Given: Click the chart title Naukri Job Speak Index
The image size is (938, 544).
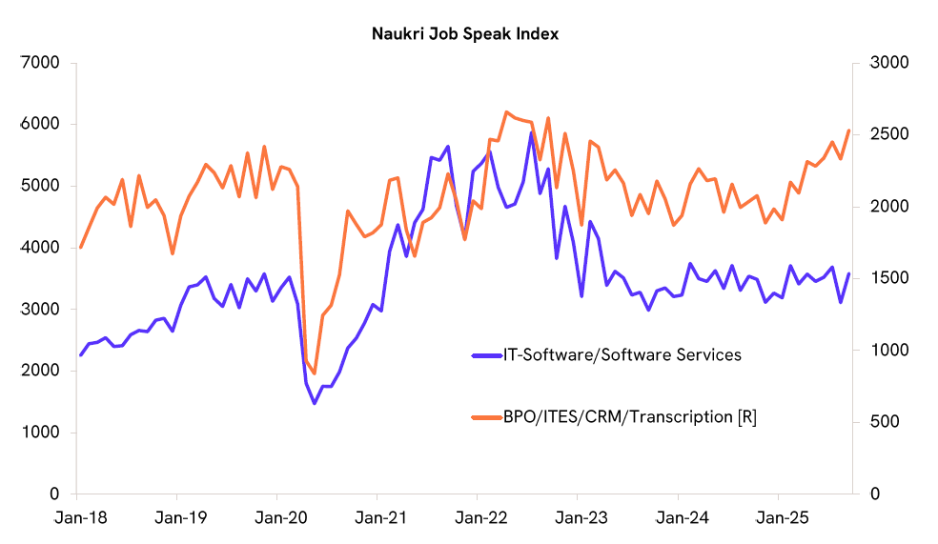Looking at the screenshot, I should point(465,34).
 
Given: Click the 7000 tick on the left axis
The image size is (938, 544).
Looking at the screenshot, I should point(40,63).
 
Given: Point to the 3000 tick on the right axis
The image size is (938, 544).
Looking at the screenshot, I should point(888,63).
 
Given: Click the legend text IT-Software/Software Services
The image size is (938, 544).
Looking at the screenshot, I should point(622,355).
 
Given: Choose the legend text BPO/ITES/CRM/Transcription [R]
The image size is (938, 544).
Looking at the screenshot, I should point(630,416).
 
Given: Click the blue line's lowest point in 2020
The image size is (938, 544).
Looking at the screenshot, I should point(315,403).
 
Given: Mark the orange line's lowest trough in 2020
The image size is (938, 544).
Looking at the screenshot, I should point(315,373).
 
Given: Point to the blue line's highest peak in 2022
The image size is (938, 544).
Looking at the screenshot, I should point(532,132).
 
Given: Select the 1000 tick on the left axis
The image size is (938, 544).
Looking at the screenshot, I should point(40,433).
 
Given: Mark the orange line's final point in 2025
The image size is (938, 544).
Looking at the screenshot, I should point(848,131).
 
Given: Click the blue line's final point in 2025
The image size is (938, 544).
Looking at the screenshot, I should point(848,274).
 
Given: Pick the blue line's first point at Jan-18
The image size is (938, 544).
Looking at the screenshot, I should point(80,354).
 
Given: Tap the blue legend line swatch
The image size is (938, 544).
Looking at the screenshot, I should point(487,355).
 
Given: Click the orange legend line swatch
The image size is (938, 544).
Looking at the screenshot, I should point(487,416).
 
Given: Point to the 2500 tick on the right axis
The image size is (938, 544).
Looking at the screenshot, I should point(888,134).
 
